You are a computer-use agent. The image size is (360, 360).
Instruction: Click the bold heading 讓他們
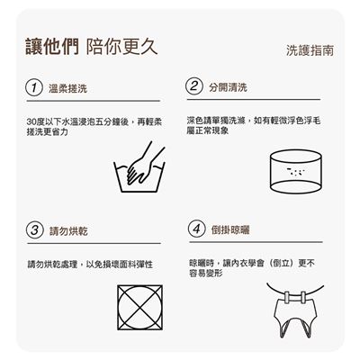tap(52, 47)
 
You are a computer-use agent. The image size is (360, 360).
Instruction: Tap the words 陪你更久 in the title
tap(121, 47)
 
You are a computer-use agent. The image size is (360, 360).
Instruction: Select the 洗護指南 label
tap(310, 50)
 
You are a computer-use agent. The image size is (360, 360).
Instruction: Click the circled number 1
tap(34, 88)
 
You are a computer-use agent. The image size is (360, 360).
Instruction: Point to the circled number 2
tap(194, 86)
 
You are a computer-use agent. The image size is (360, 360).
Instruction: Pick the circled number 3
tap(35, 230)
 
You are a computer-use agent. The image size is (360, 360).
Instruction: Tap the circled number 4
tap(197, 229)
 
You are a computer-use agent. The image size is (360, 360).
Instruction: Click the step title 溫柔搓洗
tap(67, 88)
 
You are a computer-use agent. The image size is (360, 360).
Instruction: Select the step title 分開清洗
tap(228, 87)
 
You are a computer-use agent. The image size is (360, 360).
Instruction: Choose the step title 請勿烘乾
tap(68, 231)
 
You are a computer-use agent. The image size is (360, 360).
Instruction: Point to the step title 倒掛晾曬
tap(230, 229)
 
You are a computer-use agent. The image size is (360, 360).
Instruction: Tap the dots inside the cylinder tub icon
tap(296, 172)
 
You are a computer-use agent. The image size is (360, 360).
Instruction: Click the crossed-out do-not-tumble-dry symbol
tap(140, 308)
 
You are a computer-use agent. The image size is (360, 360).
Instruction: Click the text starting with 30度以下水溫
tap(94, 127)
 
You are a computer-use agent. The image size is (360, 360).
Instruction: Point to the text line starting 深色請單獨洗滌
tap(254, 121)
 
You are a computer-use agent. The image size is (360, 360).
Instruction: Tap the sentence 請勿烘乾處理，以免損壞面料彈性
tap(90, 265)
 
